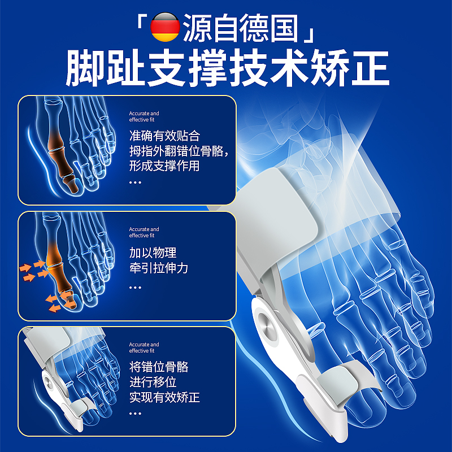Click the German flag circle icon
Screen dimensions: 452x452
pyautogui.click(x=165, y=27)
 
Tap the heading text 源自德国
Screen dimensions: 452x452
pyautogui.click(x=240, y=28)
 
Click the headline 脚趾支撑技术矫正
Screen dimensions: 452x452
pyautogui.click(x=228, y=67)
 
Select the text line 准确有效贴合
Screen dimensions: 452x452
pyautogui.click(x=164, y=136)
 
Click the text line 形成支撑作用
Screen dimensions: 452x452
pyautogui.click(x=164, y=166)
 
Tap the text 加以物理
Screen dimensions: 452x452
pyautogui.click(x=153, y=253)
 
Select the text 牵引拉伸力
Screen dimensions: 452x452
pyautogui.click(x=159, y=268)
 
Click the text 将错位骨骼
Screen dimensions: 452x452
pyautogui.click(x=159, y=367)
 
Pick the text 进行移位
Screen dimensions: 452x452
pyautogui.click(x=153, y=383)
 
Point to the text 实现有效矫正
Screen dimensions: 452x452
pyautogui.click(x=164, y=398)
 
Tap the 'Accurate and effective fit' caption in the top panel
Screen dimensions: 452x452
pyautogui.click(x=144, y=116)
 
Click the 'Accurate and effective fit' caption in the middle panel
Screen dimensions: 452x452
pyautogui.click(x=144, y=232)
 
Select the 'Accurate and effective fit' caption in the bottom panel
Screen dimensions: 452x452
pyautogui.click(x=144, y=347)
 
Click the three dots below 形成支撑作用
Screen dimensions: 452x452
pyautogui.click(x=135, y=182)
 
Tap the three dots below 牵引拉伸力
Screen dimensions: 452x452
pyautogui.click(x=135, y=288)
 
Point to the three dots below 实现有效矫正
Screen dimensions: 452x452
pyautogui.click(x=135, y=414)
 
